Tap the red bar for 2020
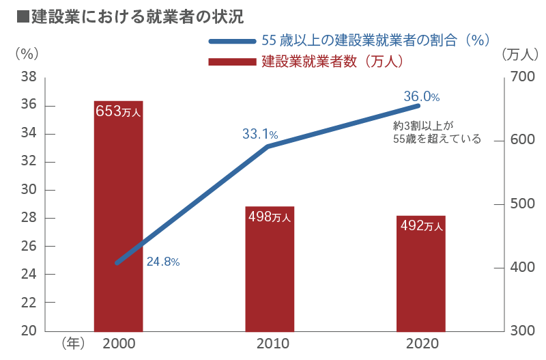click(421, 273)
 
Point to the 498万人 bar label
click(270, 217)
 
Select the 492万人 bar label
click(421, 225)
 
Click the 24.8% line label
click(162, 262)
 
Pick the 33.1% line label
click(259, 135)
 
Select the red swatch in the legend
click(232, 61)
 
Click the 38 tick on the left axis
click(28, 78)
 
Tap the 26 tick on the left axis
click(28, 246)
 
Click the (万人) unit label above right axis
click(520, 53)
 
